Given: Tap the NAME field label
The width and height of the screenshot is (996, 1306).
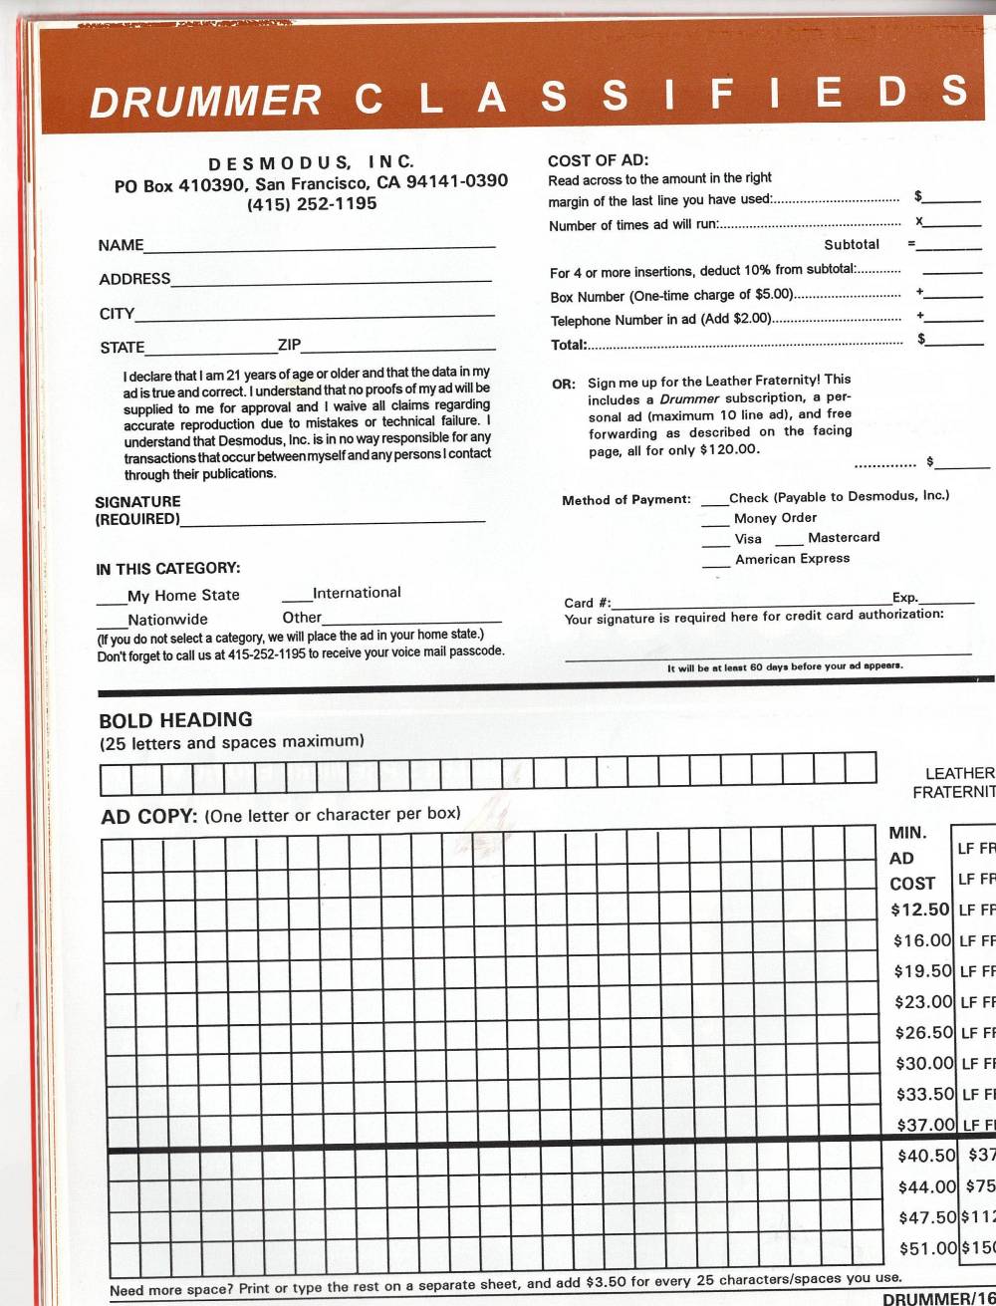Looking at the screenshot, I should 121,245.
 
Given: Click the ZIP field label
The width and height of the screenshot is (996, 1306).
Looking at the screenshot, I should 289,346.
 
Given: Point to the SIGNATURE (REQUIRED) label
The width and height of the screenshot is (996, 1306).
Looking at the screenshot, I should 137,510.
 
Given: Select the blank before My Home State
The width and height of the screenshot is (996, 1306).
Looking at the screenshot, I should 111,600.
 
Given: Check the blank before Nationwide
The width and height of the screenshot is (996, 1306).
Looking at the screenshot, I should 112,625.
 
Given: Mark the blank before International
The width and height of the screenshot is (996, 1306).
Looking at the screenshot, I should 297,598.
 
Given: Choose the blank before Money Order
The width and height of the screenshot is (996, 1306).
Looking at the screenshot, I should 714,522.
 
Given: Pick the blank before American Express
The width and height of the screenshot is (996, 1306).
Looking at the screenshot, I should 715,564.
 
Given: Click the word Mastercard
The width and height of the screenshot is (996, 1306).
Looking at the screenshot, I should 844,537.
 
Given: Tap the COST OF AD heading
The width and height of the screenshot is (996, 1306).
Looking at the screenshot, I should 598,160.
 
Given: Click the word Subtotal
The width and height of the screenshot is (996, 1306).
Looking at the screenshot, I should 852,244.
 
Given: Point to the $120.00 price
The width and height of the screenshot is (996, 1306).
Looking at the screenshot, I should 729,449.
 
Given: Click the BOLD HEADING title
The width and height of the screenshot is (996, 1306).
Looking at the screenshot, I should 175,719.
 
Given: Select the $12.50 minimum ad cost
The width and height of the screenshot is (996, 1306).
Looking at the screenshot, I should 919,909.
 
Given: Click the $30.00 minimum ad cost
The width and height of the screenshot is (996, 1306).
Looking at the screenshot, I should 924,1063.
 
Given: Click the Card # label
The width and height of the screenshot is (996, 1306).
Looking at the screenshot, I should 588,603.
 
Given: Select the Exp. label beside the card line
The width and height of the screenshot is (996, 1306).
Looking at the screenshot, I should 904,598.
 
